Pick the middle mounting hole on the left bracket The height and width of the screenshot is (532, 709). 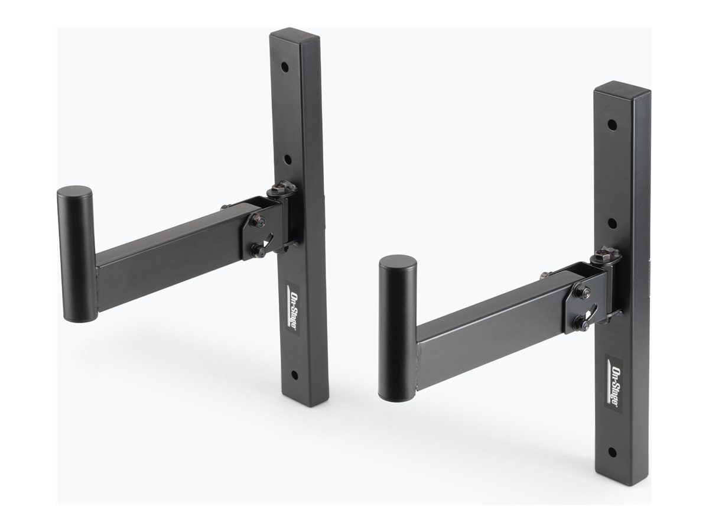pos(287,160)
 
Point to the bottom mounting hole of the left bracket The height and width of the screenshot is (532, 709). pos(294,375)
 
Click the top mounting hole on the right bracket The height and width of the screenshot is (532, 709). pos(612,125)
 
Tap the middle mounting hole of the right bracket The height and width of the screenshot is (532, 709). pos(612,223)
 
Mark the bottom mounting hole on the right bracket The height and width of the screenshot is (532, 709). pos(613,452)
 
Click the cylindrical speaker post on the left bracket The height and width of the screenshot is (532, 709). pos(75,254)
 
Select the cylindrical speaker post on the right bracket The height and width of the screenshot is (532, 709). pos(398,328)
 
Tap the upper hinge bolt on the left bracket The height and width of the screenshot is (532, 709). pos(258,222)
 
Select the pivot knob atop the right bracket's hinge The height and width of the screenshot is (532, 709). pos(606,255)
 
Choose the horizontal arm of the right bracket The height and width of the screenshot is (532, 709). pos(490,340)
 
